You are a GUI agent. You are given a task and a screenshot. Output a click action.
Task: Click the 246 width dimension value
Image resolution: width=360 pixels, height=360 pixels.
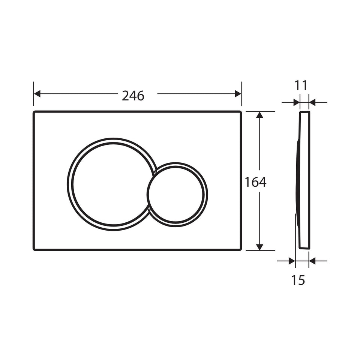(133, 96)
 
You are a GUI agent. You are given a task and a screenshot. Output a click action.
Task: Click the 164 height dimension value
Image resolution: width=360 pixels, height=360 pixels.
(255, 182)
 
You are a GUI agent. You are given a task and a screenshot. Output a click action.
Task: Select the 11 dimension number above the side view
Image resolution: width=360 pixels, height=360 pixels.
(301, 85)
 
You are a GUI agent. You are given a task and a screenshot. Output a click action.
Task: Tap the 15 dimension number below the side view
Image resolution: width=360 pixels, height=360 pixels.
(298, 280)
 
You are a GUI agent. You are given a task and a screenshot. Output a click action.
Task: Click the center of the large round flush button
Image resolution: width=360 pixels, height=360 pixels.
(113, 184)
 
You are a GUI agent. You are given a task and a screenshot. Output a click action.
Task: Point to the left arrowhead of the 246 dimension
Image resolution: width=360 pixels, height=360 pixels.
(37, 94)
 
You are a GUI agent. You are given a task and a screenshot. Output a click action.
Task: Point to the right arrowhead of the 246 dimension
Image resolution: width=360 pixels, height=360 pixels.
(238, 94)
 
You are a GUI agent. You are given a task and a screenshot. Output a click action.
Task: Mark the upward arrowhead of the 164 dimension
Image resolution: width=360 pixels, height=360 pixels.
(259, 115)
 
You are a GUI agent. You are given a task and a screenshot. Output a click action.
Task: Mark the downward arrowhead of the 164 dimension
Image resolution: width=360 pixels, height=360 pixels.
(259, 247)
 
